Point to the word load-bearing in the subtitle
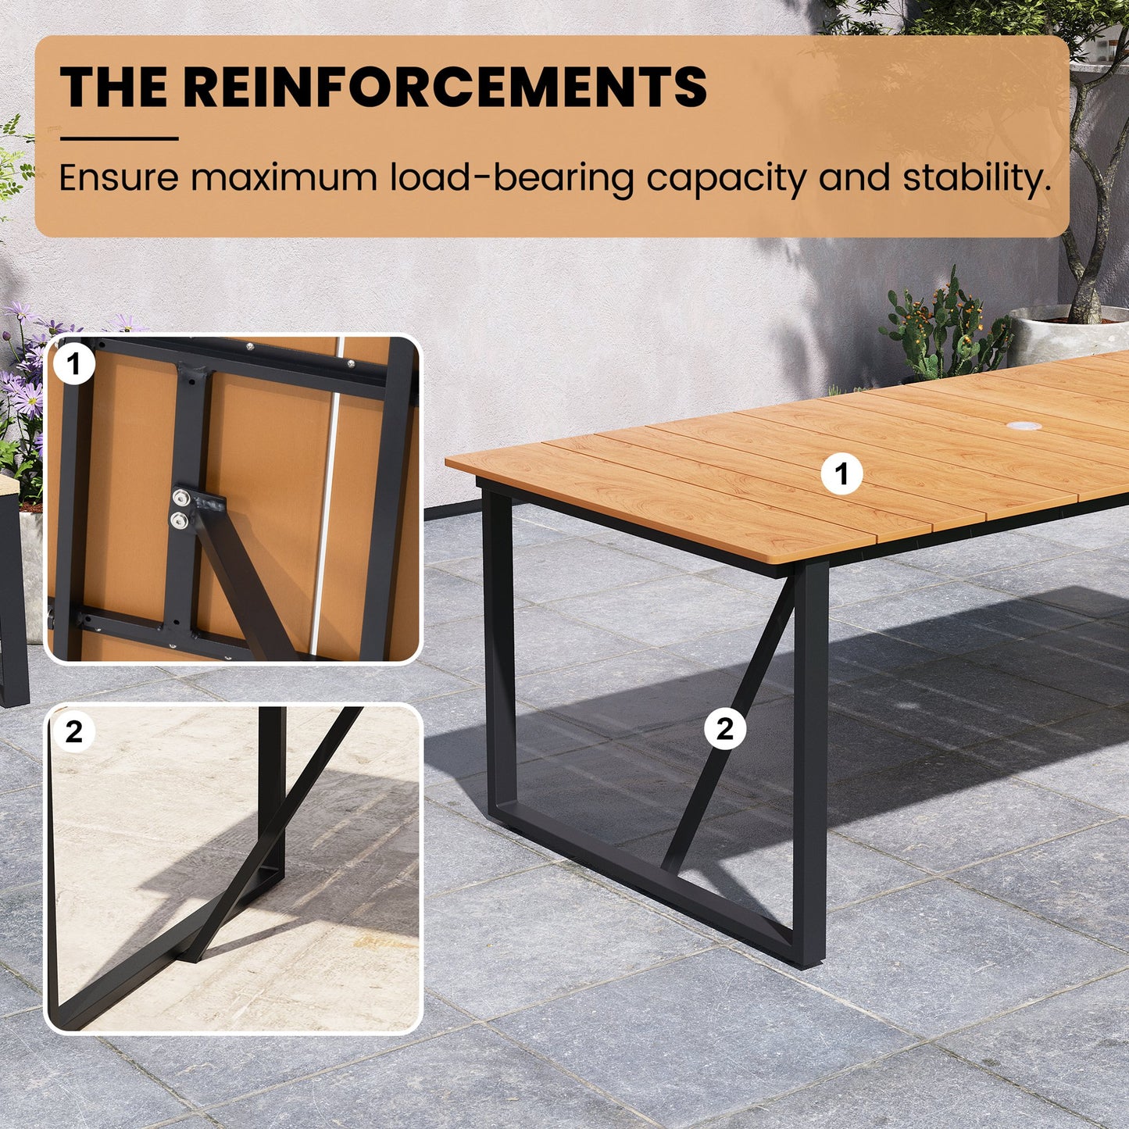512,178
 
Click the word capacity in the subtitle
726,179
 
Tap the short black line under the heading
119,139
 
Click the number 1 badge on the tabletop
841,473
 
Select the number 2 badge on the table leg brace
725,729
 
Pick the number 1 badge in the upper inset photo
73,364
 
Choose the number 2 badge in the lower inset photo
73,732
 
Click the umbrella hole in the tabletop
1024,426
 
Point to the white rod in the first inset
327,498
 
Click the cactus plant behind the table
943,331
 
